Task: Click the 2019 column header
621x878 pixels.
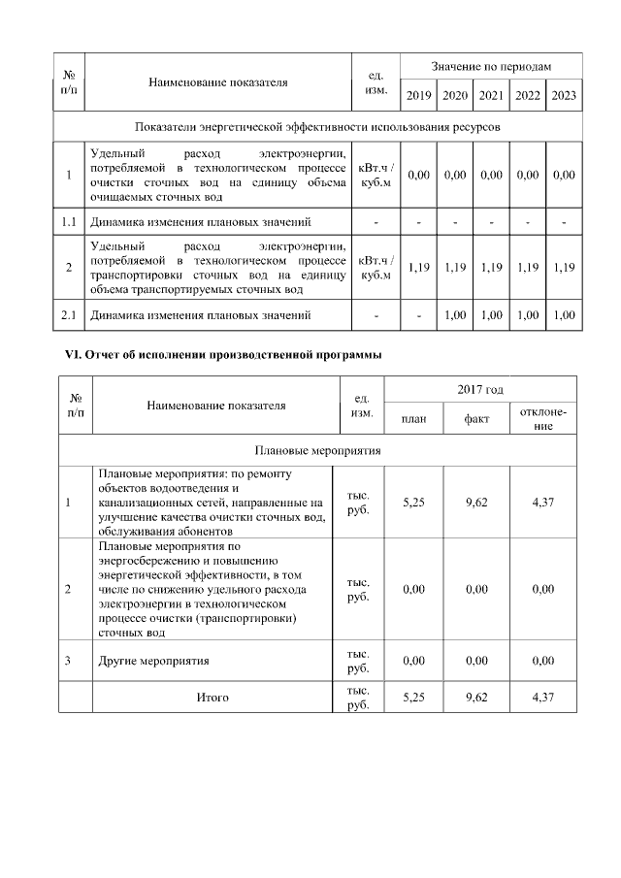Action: click(419, 95)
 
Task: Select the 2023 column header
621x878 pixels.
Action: click(564, 95)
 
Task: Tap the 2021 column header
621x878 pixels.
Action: click(491, 95)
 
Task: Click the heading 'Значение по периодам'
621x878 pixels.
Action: click(491, 66)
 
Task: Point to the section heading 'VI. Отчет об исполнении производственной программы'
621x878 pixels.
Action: click(216, 355)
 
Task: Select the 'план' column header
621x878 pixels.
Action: click(414, 419)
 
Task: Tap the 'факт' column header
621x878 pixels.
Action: click(476, 419)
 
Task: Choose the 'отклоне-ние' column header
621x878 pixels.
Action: click(543, 419)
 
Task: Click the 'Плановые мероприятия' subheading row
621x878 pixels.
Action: click(317, 450)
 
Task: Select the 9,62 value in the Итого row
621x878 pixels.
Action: click(476, 697)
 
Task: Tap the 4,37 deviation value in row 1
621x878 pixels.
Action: click(543, 503)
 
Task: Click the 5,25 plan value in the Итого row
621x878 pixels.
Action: click(414, 697)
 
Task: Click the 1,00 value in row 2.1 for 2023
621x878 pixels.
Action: click(564, 315)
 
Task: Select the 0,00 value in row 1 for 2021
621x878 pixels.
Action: click(491, 175)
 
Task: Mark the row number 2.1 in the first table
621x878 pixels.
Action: click(69, 315)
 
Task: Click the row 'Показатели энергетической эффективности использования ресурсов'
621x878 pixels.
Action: click(317, 127)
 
